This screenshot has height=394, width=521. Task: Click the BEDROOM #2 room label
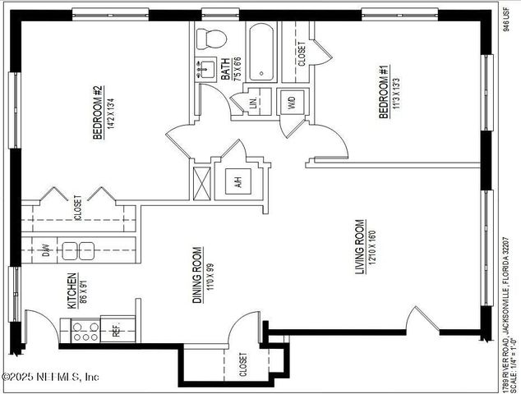point(96,113)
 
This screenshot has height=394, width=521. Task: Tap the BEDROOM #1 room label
point(383,93)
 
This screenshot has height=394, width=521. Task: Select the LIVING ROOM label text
point(359,247)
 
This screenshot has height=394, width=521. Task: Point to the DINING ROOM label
point(197,275)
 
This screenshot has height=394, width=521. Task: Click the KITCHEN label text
point(71,291)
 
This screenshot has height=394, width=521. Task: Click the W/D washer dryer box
point(291,103)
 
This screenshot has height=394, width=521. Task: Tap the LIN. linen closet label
point(253,103)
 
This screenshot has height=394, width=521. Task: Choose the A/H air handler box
point(238,182)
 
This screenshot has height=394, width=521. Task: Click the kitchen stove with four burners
point(83,331)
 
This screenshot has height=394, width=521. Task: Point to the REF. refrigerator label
point(116,331)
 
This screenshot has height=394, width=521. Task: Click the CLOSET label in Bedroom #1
point(302,54)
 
